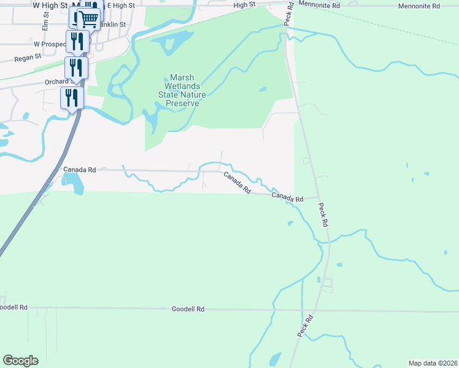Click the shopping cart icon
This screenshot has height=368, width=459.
coord(89,19)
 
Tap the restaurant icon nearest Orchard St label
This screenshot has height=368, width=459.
coord(72,97)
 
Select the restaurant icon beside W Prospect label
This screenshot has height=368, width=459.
coord(77,41)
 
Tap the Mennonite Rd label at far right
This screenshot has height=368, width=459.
coord(419,6)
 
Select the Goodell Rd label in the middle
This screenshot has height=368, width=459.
coord(188,310)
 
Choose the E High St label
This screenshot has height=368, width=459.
coord(120,6)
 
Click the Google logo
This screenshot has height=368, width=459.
coord(20,361)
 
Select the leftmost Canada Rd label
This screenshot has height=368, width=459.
coord(79,169)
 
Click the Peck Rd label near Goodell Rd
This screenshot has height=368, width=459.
coord(305,326)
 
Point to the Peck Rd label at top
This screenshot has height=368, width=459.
coord(288,13)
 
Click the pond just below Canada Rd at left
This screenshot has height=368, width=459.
coord(72,181)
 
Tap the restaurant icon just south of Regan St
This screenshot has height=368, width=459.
coord(77,67)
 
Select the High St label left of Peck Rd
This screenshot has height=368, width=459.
coord(244,5)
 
